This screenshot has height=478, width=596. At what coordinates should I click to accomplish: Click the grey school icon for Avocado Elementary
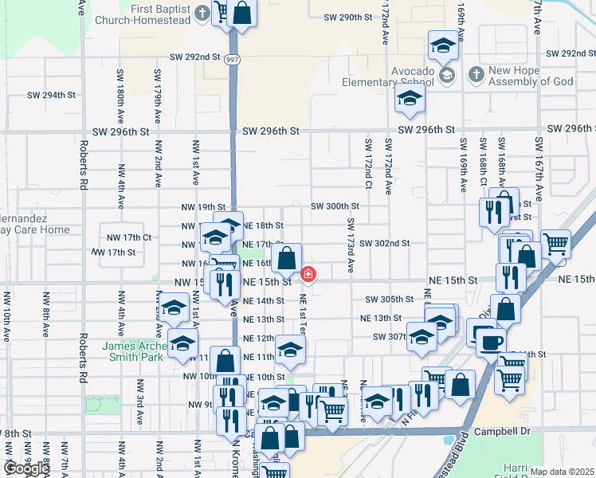coord(448,74)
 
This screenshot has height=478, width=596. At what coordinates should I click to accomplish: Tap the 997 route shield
coord(231,58)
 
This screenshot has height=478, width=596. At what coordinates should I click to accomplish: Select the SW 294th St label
coord(51,95)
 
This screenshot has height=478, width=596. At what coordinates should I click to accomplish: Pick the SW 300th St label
coord(335,206)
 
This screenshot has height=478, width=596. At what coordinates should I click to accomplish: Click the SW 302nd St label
coord(384,243)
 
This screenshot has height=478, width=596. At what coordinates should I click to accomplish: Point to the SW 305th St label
coord(389,300)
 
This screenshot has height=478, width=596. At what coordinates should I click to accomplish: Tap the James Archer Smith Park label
coord(132,351)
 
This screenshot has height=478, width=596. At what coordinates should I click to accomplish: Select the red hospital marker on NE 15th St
coord(308,275)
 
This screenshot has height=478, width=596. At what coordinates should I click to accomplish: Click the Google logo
coord(26,468)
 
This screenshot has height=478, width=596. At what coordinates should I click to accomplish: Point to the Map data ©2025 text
coord(563,472)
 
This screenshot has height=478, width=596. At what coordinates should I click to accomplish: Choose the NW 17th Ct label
coord(129,237)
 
